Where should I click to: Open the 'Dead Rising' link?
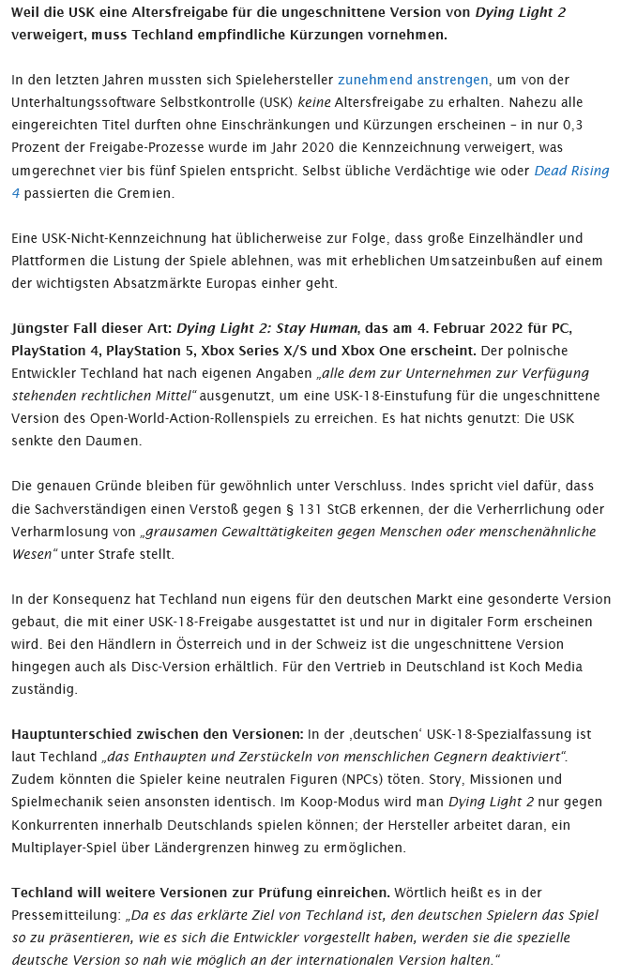571,171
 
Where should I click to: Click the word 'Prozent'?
38,148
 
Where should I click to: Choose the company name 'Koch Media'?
548,667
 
